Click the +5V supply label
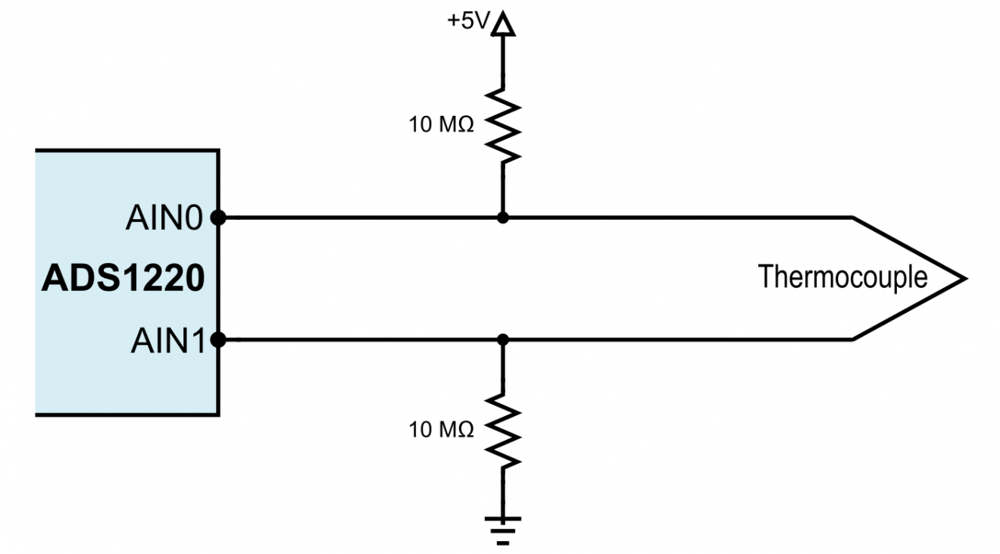click(468, 21)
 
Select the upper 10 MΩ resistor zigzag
click(502, 123)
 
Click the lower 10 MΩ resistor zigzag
click(502, 429)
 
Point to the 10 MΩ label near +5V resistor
click(442, 125)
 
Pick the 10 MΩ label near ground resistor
click(442, 430)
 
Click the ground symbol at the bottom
click(502, 526)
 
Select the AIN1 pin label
click(167, 340)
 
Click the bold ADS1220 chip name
click(123, 279)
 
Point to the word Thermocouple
click(842, 277)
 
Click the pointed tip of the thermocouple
click(964, 279)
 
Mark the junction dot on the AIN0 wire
click(502, 218)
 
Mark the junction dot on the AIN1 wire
click(502, 340)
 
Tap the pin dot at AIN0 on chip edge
click(219, 218)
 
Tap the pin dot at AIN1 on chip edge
click(219, 340)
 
